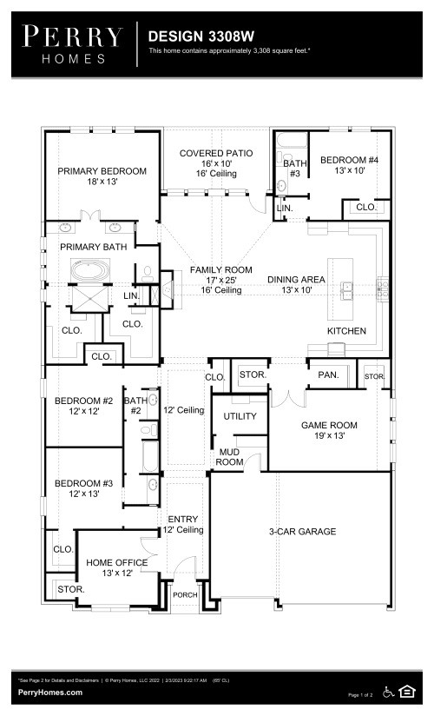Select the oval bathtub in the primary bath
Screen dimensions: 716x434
pyautogui.click(x=91, y=270)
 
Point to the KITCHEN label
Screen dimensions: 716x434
pyautogui.click(x=345, y=331)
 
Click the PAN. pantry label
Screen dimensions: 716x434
pyautogui.click(x=327, y=375)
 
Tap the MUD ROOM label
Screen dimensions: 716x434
pyautogui.click(x=230, y=457)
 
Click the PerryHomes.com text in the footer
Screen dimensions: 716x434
pyautogui.click(x=50, y=692)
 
